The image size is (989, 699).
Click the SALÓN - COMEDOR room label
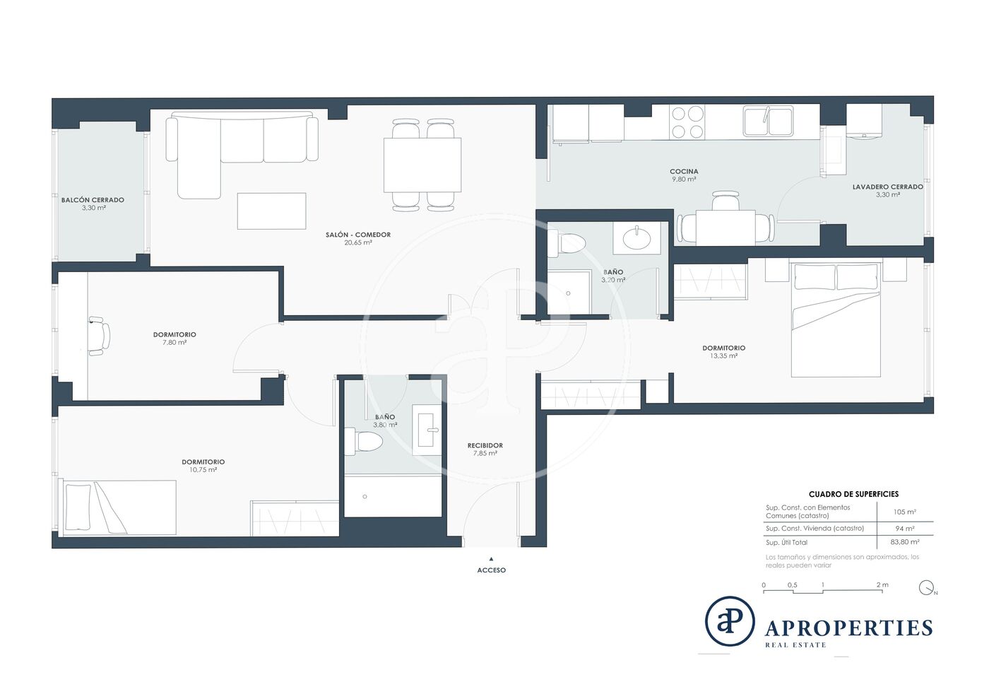[x=358, y=235]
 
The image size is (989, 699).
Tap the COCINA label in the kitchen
[x=684, y=172]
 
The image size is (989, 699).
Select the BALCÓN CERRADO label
[x=93, y=200]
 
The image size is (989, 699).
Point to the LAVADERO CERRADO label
[x=887, y=187]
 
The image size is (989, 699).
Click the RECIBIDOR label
[x=485, y=445]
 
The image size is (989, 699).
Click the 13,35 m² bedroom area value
[x=723, y=356]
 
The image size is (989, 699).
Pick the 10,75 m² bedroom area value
[x=203, y=470]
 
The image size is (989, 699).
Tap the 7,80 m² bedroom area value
[x=174, y=342]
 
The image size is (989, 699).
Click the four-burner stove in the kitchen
[x=687, y=122]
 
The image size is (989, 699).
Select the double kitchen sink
[x=768, y=121]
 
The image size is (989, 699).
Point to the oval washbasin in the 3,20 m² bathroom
[x=636, y=239]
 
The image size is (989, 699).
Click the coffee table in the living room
[x=271, y=211]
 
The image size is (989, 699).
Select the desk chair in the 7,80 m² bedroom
[x=100, y=336]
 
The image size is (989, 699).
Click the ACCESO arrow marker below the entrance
[x=492, y=559]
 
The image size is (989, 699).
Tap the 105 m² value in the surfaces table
[x=905, y=512]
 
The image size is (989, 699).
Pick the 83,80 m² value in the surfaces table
[x=905, y=541]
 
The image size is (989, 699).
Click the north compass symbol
[x=926, y=587]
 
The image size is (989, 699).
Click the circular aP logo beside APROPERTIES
[x=729, y=622]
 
